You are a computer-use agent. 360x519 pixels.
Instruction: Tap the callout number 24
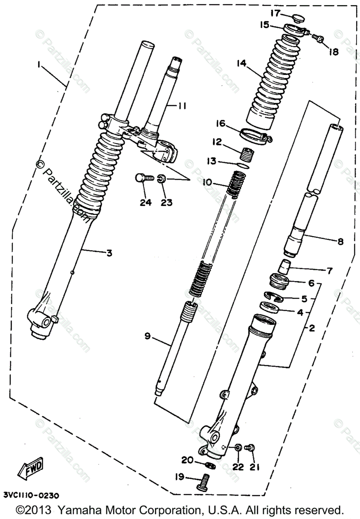146,202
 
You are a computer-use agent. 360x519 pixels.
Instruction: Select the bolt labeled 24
142,178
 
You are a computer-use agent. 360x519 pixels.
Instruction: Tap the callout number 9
148,336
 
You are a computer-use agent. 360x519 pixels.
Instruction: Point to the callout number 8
340,241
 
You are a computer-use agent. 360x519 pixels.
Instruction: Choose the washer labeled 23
161,178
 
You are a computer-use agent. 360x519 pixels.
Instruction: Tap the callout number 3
109,253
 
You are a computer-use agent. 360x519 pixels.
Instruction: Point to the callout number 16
221,124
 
